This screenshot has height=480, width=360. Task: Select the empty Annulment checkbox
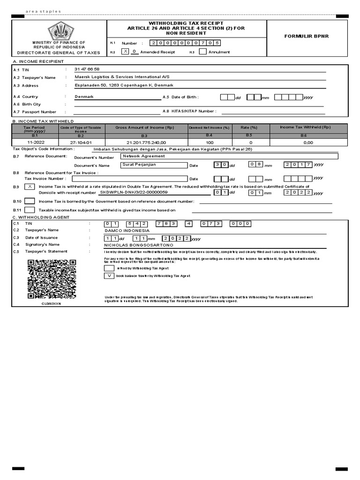click(202, 52)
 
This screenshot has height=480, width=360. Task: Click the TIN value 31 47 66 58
click(87, 69)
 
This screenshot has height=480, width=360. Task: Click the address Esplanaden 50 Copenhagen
click(124, 85)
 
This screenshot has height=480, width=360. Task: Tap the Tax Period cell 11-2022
click(36, 142)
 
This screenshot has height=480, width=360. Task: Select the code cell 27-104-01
click(81, 142)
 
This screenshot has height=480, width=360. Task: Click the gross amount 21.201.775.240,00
click(146, 142)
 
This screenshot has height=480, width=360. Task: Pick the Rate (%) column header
click(249, 127)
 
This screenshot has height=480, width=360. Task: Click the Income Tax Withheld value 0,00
click(308, 142)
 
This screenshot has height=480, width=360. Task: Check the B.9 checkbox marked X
click(30, 187)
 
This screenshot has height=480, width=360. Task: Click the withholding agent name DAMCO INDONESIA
click(127, 231)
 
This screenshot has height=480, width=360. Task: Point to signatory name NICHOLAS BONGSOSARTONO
click(138, 245)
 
